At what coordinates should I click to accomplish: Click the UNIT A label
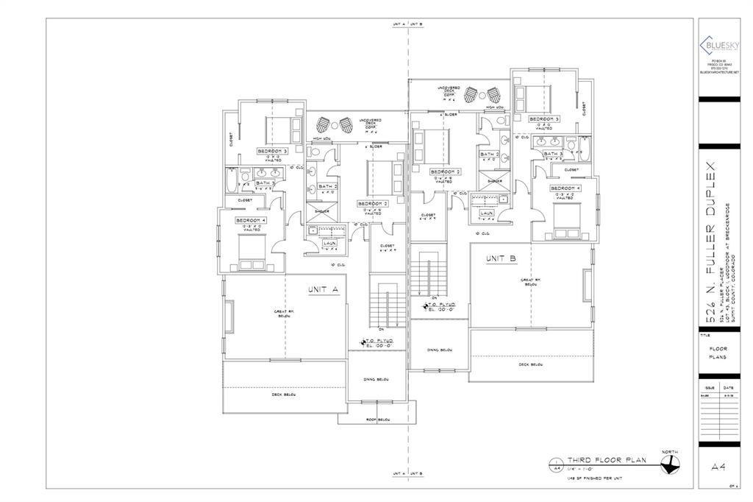(x=323, y=290)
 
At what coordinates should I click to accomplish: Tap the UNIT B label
(x=500, y=259)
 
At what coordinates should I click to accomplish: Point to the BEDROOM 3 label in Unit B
(x=543, y=119)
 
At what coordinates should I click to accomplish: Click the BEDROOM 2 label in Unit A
(x=372, y=203)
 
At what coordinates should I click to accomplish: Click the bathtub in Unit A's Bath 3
(x=230, y=179)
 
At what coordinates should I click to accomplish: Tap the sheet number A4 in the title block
(x=720, y=466)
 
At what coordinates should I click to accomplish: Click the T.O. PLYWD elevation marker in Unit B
(x=440, y=305)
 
